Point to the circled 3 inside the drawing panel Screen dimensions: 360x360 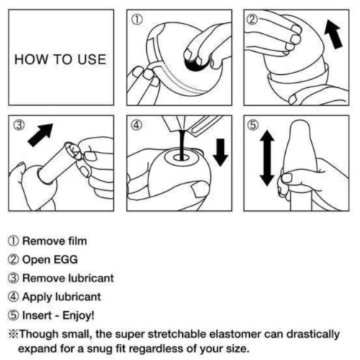pyautogui.click(x=19, y=126)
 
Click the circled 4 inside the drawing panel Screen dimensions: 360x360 pyautogui.click(x=135, y=126)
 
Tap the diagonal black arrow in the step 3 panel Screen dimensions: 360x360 pyautogui.click(x=44, y=135)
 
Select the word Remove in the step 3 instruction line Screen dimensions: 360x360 pyautogui.click(x=45, y=277)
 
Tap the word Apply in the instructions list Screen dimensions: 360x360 pyautogui.click(x=40, y=295)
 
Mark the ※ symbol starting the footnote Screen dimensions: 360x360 pyautogui.click(x=14, y=333)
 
